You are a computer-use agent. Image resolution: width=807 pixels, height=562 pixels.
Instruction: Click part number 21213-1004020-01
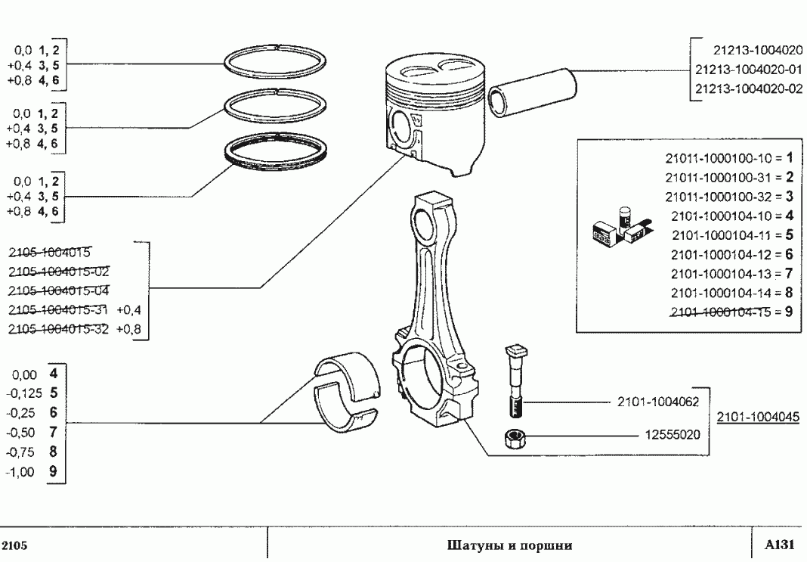pos(748,70)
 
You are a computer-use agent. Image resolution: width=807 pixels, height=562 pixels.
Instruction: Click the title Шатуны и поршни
pos(509,545)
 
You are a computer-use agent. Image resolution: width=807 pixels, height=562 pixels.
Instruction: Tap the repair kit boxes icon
pos(620,228)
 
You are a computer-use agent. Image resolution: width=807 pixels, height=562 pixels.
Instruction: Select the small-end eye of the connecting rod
pos(434,222)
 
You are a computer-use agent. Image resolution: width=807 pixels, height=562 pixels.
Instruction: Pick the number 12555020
pos(674,436)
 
